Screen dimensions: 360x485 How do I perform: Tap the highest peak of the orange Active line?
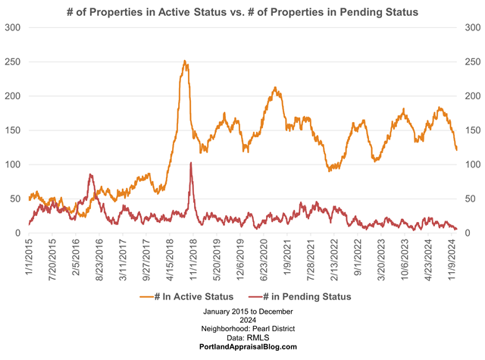point(185,61)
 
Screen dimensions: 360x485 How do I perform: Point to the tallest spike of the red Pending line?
point(191,163)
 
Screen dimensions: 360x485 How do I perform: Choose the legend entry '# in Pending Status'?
point(301,296)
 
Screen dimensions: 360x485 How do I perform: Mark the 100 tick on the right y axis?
point(470,164)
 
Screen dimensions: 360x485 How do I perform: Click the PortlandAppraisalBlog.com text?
point(242,346)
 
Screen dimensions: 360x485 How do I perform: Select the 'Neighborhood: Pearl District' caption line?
point(242,328)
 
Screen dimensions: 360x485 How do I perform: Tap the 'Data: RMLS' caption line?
point(242,337)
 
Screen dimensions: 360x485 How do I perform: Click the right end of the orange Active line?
point(457,150)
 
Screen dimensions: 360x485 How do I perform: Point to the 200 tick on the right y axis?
point(470,96)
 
